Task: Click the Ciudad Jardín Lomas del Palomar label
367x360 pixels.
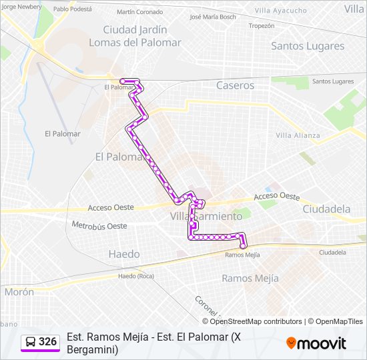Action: click(x=142, y=36)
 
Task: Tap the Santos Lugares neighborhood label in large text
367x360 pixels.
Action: click(x=308, y=46)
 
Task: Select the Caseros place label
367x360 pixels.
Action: click(x=235, y=85)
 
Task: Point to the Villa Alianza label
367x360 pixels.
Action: click(x=298, y=135)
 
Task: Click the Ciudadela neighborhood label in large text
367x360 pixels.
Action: click(x=326, y=209)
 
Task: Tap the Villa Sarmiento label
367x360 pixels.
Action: click(x=206, y=217)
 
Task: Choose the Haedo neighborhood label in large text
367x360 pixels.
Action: click(x=124, y=254)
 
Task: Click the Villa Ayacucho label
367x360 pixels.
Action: click(x=281, y=11)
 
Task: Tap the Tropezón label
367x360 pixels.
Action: click(x=261, y=26)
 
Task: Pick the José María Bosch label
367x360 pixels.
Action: click(x=213, y=17)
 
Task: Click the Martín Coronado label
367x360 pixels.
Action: click(x=139, y=12)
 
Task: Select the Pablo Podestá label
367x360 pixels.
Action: click(x=73, y=9)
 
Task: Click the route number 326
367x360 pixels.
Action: click(x=47, y=342)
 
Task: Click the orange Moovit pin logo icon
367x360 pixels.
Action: click(x=291, y=343)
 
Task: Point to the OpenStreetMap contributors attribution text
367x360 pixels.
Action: click(x=256, y=321)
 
